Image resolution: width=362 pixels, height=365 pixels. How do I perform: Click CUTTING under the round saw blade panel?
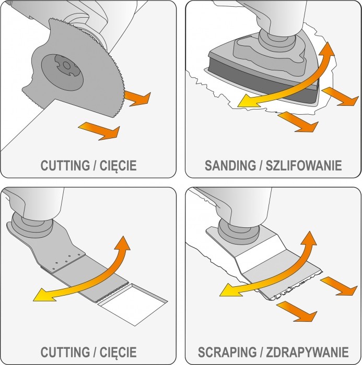click(x=65, y=166)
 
